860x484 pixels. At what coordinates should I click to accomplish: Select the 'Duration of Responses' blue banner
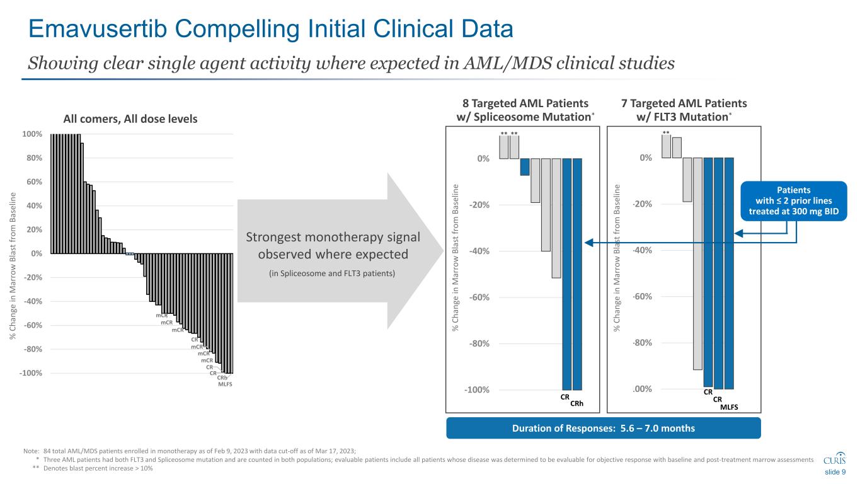pyautogui.click(x=604, y=429)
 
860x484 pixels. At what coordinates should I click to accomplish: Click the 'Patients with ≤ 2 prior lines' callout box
pyautogui.click(x=793, y=200)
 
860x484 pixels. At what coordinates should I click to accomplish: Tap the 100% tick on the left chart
pyautogui.click(x=33, y=134)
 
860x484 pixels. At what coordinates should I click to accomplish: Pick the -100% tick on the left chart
pyautogui.click(x=32, y=373)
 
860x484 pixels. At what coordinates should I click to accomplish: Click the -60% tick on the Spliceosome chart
pyautogui.click(x=481, y=297)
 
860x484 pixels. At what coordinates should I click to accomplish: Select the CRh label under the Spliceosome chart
pyautogui.click(x=577, y=404)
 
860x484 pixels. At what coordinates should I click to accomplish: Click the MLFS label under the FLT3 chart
pyautogui.click(x=729, y=407)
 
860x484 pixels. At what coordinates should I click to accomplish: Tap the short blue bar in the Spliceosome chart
pyautogui.click(x=525, y=166)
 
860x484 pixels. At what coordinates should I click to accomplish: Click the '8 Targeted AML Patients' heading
pyautogui.click(x=526, y=103)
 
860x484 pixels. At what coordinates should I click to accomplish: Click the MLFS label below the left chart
pyautogui.click(x=225, y=384)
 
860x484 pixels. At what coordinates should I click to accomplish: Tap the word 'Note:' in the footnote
pyautogui.click(x=30, y=451)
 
